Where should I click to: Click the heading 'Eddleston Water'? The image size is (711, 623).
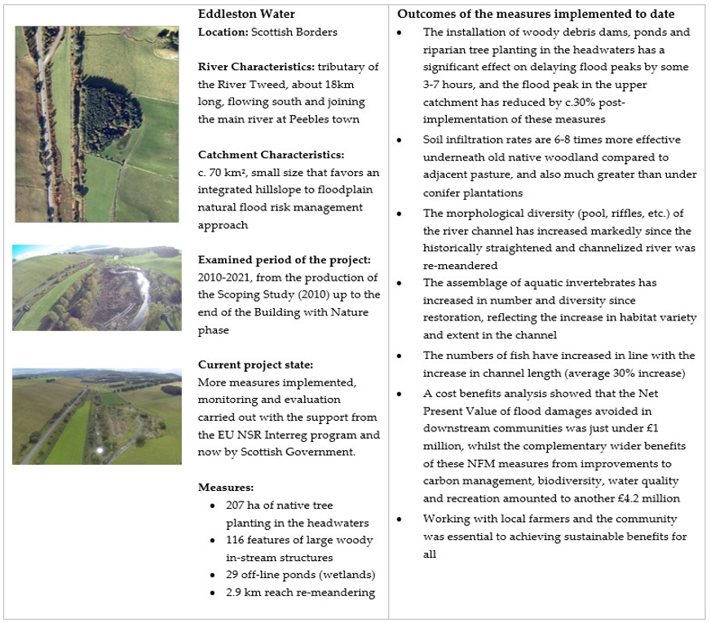243,15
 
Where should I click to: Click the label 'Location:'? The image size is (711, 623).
224,32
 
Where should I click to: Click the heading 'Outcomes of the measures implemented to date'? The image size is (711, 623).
536,15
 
